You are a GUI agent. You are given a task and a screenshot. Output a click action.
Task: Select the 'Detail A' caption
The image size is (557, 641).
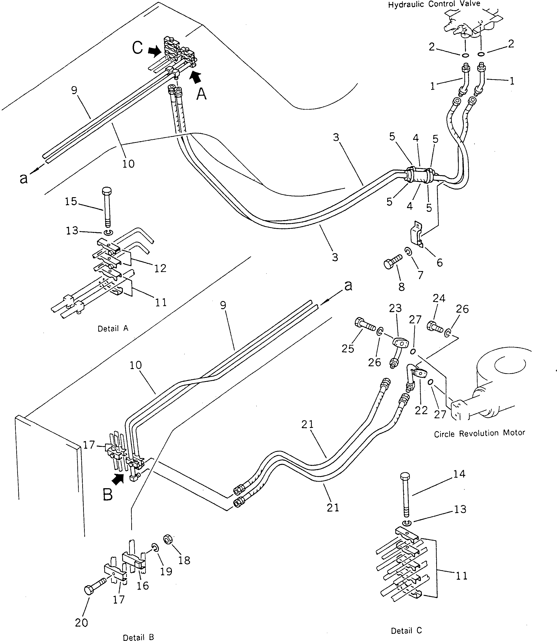point(113,328)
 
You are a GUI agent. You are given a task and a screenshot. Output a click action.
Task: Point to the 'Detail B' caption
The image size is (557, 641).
point(138,637)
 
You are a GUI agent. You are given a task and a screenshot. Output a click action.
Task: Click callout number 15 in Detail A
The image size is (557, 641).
point(71,201)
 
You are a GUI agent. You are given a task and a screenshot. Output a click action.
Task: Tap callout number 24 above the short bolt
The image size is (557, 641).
point(439,298)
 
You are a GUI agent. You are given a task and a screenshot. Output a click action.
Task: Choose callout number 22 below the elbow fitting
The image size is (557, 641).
point(421,410)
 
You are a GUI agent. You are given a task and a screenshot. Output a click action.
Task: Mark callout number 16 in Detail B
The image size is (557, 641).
point(143,586)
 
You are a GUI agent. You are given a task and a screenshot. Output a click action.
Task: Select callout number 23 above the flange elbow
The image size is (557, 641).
point(395,308)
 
